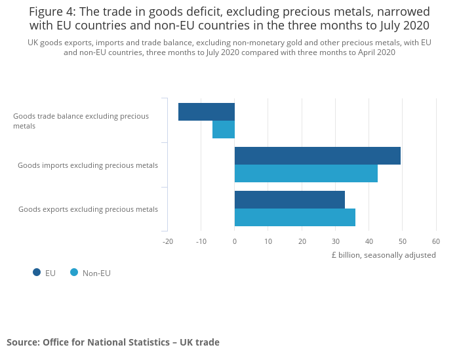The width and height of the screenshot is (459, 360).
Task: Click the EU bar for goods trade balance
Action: [206, 112]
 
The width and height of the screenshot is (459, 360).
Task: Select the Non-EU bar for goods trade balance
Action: [224, 129]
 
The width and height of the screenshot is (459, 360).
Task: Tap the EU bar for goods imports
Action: [317, 156]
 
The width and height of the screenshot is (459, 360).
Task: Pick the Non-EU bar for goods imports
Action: [306, 173]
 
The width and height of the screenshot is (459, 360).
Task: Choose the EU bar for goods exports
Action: [289, 200]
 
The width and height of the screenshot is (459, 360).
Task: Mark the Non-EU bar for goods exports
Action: [294, 217]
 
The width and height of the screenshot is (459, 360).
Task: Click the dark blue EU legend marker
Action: [37, 273]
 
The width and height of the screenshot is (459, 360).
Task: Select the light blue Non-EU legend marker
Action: [74, 273]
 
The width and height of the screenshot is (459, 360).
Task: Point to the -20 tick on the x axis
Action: [167, 241]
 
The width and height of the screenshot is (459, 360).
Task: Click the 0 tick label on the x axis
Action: [235, 241]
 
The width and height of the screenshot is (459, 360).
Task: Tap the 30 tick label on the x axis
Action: [336, 241]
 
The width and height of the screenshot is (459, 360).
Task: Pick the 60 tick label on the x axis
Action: [436, 241]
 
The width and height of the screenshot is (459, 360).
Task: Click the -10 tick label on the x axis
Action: [201, 241]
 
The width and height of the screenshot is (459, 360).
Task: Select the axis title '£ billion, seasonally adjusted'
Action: [383, 255]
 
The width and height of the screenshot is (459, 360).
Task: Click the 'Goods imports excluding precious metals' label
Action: [88, 165]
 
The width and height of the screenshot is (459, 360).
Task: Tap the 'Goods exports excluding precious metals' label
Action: [88, 209]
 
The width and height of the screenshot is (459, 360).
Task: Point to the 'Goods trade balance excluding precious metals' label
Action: [81, 121]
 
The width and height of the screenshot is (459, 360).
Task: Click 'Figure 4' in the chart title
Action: [52, 12]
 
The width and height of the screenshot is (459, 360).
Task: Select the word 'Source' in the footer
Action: [22, 342]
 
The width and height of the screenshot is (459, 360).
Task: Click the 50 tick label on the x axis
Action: [403, 241]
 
